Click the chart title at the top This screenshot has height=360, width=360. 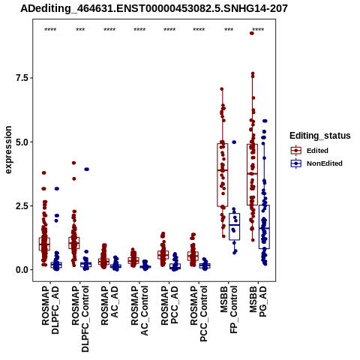pos(154,9)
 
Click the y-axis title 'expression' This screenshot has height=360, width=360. pos(8,150)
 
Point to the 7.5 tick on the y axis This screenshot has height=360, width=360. pos(21,78)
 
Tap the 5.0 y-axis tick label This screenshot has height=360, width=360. pos(21,142)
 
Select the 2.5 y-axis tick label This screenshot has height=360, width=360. pos(21,206)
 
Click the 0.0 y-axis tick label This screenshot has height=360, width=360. pos(21,270)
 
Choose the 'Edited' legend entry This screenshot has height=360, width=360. pos(317,151)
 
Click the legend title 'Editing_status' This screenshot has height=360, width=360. pos(320,136)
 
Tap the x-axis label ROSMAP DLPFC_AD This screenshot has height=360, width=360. pos(50,310)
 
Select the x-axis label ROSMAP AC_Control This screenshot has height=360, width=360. pos(139,310)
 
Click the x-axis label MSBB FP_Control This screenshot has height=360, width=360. pos(229,310)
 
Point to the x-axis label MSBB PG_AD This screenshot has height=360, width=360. pos(258,301)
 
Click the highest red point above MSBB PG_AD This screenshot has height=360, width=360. pos(252,33)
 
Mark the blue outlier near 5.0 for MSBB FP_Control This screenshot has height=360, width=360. pos(234,142)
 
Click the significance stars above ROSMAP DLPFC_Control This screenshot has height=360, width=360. pos(80,30)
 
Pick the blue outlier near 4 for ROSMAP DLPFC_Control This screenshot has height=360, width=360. pos(86,169)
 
